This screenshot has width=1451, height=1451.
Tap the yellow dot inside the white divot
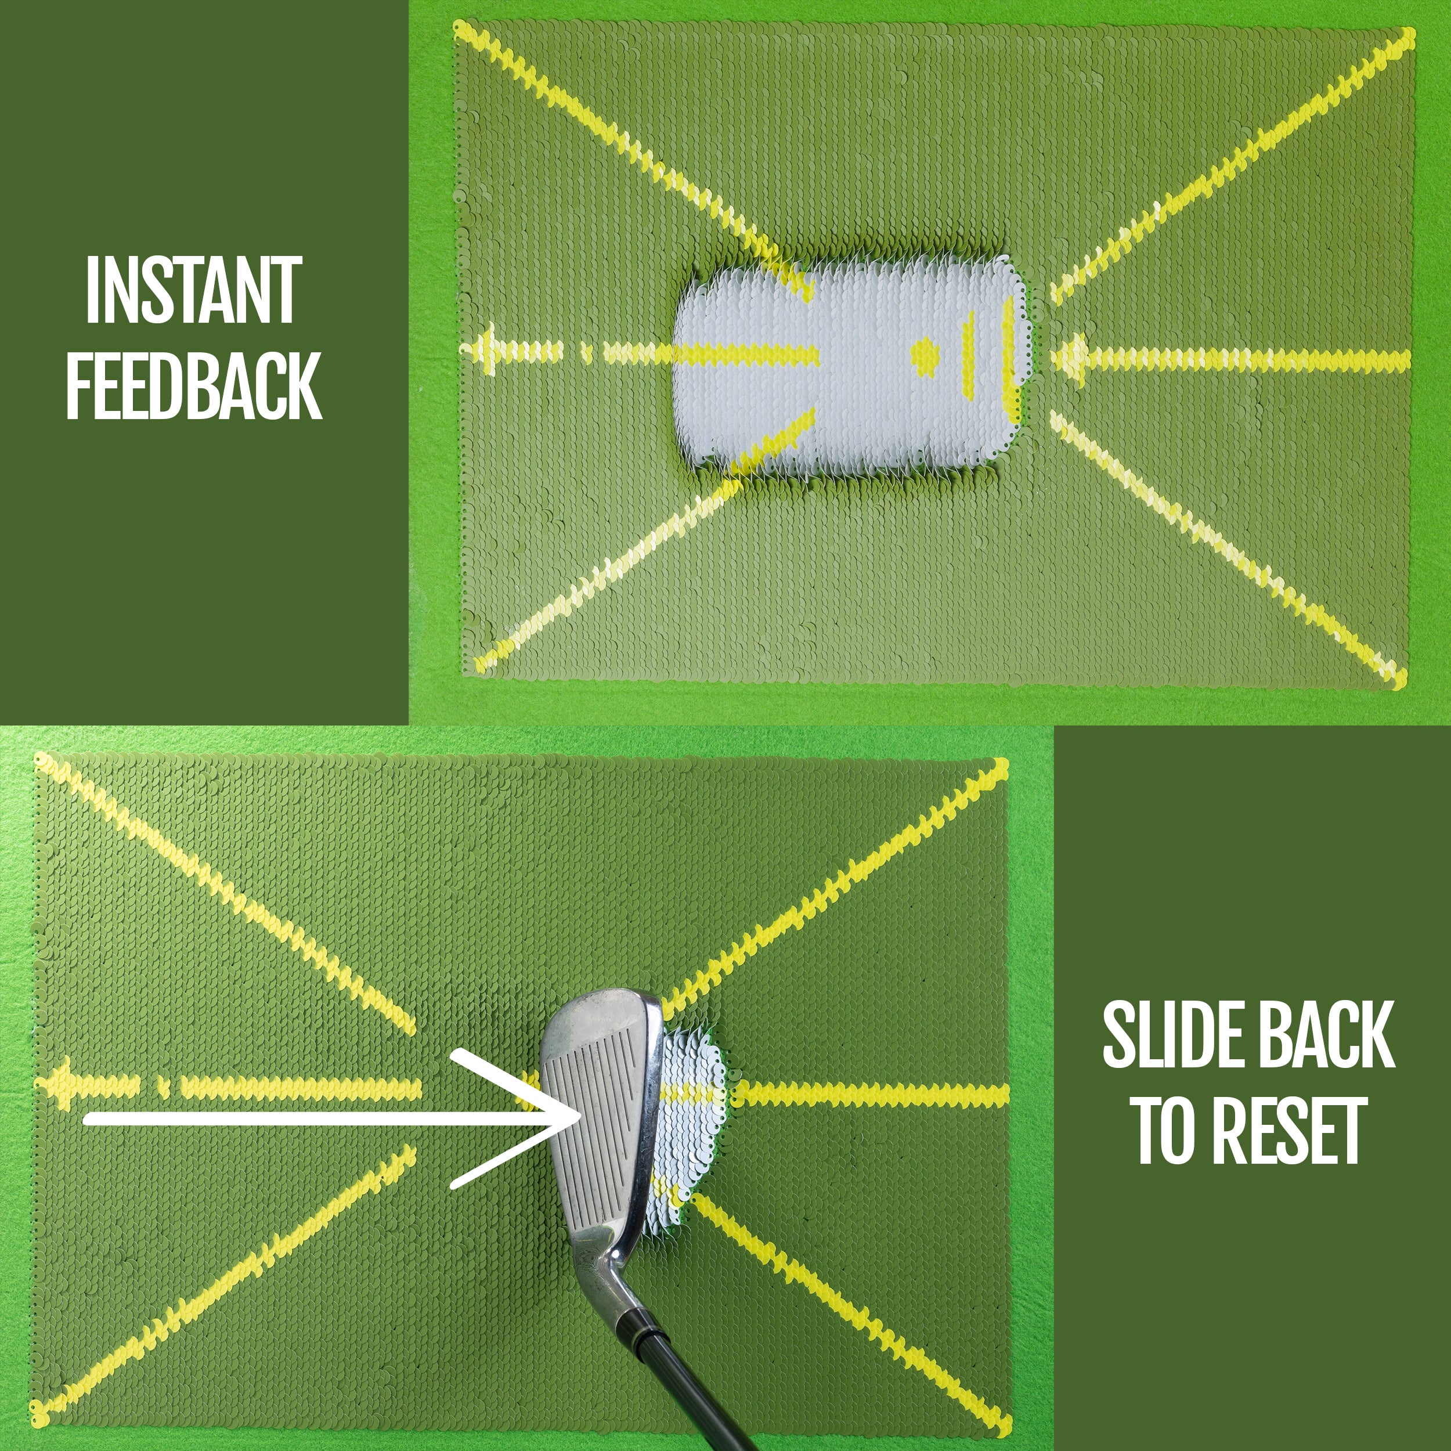coord(925,357)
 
